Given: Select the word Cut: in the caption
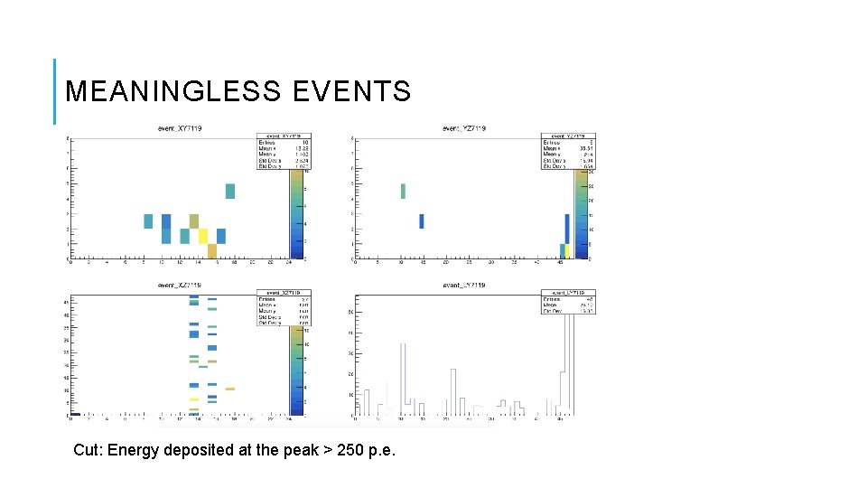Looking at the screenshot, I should pyautogui.click(x=88, y=450).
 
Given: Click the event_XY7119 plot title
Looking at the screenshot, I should pyautogui.click(x=180, y=129).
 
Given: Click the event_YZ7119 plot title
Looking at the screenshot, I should pyautogui.click(x=464, y=129).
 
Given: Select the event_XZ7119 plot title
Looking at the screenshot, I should pyautogui.click(x=180, y=285).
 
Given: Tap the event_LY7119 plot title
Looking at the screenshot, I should pyautogui.click(x=464, y=285).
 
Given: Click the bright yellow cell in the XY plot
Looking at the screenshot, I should pyautogui.click(x=203, y=236).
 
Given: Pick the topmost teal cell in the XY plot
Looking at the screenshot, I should pyautogui.click(x=230, y=191).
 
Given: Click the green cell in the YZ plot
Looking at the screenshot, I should pyautogui.click(x=403, y=191).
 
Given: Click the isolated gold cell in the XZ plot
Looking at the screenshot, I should pyautogui.click(x=230, y=389).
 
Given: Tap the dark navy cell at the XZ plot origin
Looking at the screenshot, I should pyautogui.click(x=75, y=414).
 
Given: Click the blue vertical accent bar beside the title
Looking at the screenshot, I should pyautogui.click(x=54, y=91).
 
